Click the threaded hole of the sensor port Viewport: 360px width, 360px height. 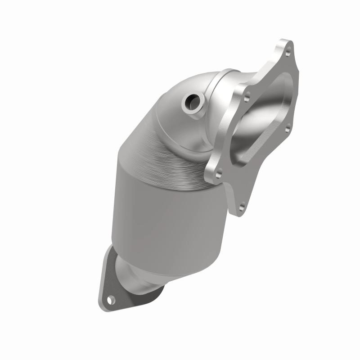point(195,104)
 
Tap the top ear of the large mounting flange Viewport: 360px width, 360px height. point(283,47)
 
